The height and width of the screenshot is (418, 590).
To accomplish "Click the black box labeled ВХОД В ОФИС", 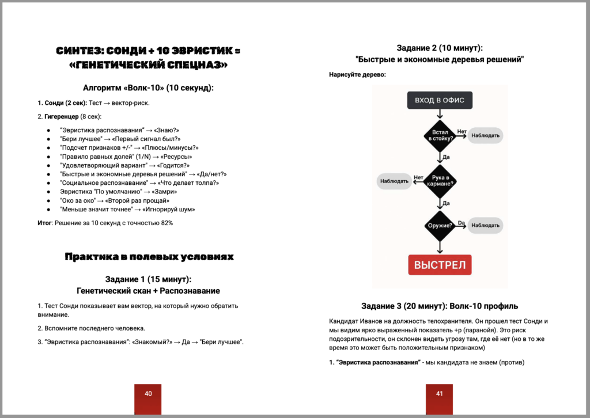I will point(440,101).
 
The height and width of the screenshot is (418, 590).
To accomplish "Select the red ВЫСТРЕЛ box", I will point(440,265).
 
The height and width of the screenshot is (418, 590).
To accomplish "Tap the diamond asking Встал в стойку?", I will point(440,136).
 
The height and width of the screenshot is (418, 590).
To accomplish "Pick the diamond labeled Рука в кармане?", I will point(440,180).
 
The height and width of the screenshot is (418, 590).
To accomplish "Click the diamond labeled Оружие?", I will point(440,225).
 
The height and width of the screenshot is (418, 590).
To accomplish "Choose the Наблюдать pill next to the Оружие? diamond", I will point(486,225).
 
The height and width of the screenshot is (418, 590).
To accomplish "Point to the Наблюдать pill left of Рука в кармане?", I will point(395,181).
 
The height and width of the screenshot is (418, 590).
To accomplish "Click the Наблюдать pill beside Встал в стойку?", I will point(486,136).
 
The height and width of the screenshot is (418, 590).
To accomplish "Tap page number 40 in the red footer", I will point(148,394).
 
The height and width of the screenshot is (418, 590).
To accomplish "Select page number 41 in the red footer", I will point(439,394).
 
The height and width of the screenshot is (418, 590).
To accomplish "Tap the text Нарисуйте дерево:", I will point(357,74).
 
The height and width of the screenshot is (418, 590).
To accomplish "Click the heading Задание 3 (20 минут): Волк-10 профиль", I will point(440,305).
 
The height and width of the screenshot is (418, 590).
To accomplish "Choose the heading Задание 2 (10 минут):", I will point(440,48).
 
